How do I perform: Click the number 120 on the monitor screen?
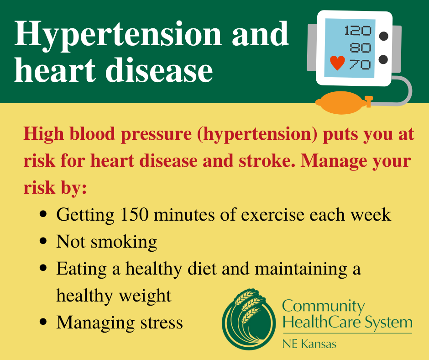(358, 31)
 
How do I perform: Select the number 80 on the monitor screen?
(361, 48)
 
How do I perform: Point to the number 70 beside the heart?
(360, 64)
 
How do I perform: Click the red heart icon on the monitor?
(337, 63)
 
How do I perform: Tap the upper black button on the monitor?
(383, 36)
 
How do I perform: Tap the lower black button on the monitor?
(383, 59)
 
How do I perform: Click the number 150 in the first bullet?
(134, 215)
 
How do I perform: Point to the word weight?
(145, 296)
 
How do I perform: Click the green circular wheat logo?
(249, 319)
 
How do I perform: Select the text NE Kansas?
(309, 344)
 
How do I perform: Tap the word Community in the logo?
(324, 307)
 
